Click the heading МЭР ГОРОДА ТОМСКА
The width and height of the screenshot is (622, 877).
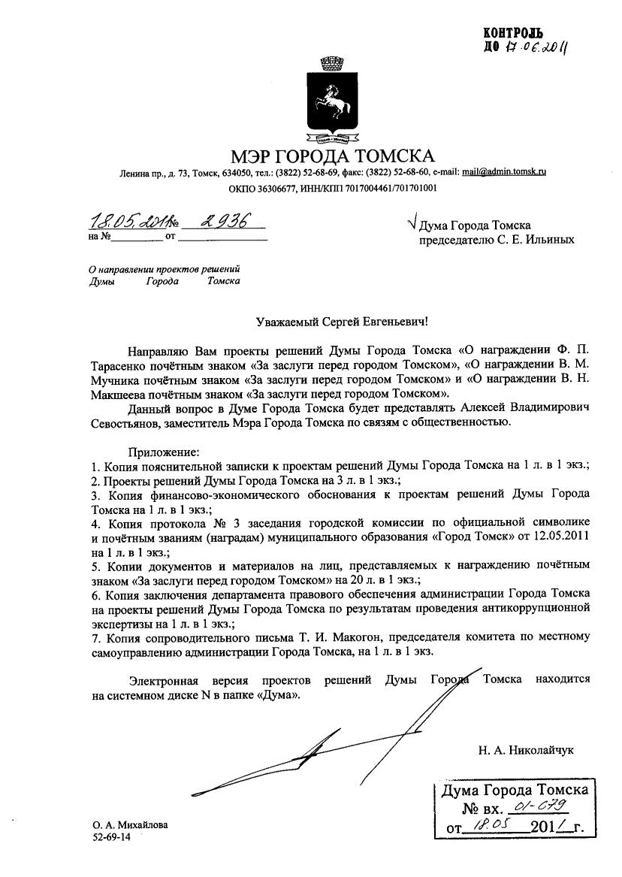pos(333,156)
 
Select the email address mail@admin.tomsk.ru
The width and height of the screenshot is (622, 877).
pos(503,172)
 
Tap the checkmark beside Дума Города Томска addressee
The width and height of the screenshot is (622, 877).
pos(409,223)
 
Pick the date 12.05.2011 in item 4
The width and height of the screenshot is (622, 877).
pos(563,535)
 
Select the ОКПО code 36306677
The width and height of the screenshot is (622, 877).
pos(286,188)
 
